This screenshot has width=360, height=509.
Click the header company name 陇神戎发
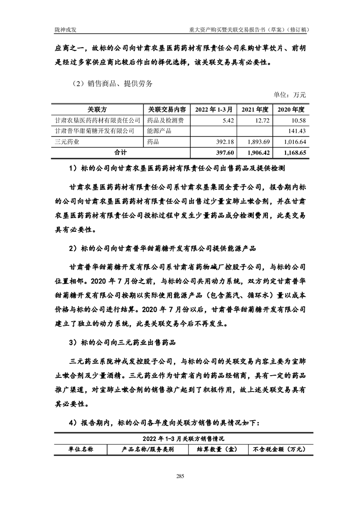64,29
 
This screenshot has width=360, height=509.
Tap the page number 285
180,476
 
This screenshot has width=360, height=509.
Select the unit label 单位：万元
290,95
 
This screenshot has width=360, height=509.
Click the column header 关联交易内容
167,110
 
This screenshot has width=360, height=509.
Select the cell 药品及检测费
165,120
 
